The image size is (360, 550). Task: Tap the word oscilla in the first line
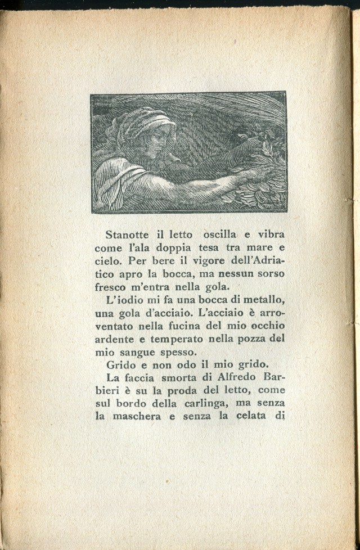[x=216, y=234]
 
